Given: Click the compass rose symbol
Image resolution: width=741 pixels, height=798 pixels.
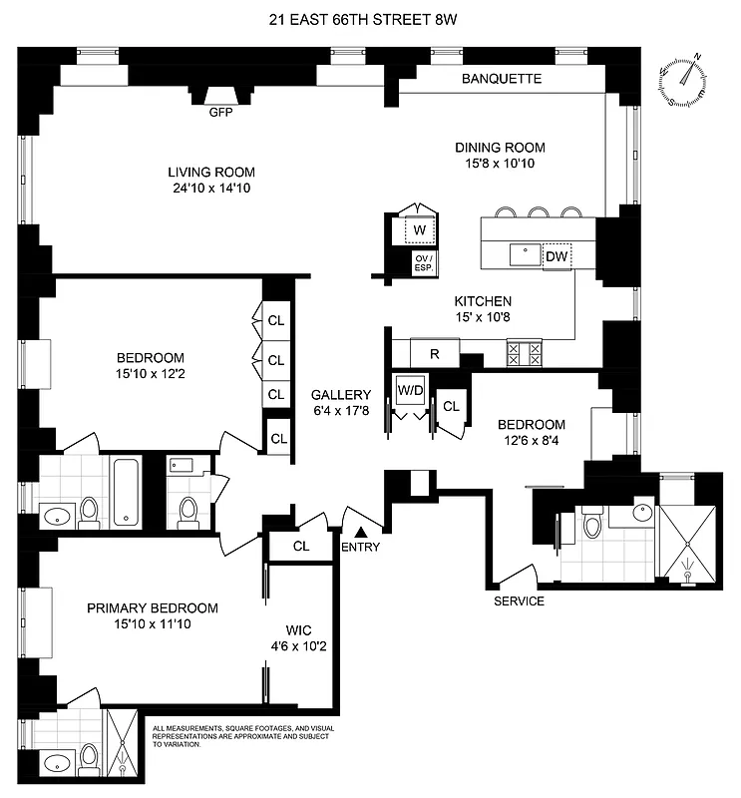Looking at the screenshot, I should click(x=686, y=80).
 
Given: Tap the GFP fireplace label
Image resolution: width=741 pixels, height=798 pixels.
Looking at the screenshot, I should click(x=220, y=113).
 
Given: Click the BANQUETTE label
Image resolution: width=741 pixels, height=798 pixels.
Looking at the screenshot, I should click(x=502, y=79).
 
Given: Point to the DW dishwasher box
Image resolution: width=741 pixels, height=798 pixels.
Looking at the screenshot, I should click(x=556, y=256).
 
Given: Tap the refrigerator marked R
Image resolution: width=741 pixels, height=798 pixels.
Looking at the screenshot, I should click(x=435, y=352).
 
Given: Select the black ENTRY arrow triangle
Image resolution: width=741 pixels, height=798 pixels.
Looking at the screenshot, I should click(x=361, y=515).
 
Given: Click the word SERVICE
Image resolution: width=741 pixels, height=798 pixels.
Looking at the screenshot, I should click(x=520, y=601).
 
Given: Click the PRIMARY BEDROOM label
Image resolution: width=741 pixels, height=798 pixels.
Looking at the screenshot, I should click(x=152, y=608).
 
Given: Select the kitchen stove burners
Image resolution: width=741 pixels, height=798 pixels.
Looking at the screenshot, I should click(x=526, y=352).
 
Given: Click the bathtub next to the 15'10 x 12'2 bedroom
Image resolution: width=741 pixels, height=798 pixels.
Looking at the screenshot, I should click(x=126, y=492).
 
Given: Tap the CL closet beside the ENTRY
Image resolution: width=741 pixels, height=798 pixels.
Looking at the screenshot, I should click(x=300, y=547).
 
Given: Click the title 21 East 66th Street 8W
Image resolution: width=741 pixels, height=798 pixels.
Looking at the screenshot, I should click(x=369, y=17).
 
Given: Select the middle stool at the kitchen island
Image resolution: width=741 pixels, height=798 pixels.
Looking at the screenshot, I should click(x=540, y=212).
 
